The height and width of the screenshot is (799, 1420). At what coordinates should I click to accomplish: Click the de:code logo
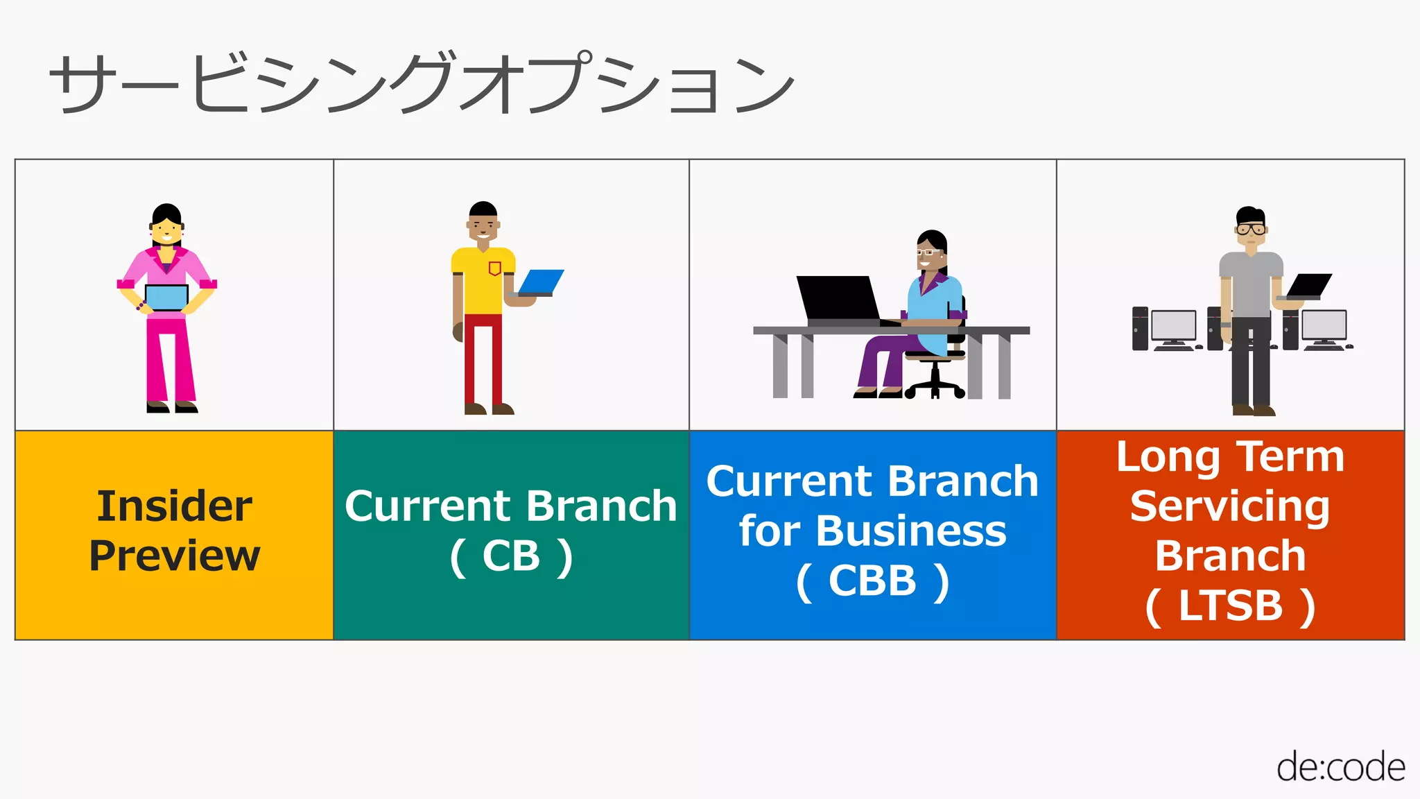[x=1340, y=768]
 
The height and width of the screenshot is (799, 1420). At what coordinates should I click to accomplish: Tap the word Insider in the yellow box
[x=174, y=506]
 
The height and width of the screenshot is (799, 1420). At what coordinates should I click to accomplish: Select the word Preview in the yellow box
[x=174, y=556]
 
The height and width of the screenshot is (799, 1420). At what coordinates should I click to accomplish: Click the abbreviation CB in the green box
[x=511, y=556]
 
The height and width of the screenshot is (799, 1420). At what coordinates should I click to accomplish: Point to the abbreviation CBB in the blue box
[x=872, y=581]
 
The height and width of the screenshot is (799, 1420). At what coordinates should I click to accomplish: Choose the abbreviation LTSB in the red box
[x=1230, y=606]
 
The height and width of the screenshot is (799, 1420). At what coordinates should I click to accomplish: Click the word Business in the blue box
[x=910, y=531]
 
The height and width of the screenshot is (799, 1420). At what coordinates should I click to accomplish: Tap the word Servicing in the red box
[x=1230, y=506]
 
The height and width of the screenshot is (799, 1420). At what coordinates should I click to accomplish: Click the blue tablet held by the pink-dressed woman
[x=166, y=298]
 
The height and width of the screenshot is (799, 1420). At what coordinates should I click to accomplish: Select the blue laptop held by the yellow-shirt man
[x=541, y=283]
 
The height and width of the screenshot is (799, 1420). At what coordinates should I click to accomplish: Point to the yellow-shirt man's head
[x=483, y=221]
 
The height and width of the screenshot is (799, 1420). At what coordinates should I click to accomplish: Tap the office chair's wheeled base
[x=935, y=388]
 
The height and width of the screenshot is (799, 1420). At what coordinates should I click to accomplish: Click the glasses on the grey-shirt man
[x=1251, y=230]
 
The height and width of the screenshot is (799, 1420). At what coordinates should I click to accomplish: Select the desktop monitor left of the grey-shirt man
[x=1173, y=326]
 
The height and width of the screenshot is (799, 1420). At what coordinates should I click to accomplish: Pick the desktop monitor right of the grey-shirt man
[x=1324, y=326]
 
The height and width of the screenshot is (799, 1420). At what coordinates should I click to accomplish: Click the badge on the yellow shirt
[x=494, y=268]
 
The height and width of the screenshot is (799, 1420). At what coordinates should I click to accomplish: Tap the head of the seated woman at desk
[x=931, y=251]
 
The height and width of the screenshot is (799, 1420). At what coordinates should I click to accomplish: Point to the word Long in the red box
[x=1167, y=458]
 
